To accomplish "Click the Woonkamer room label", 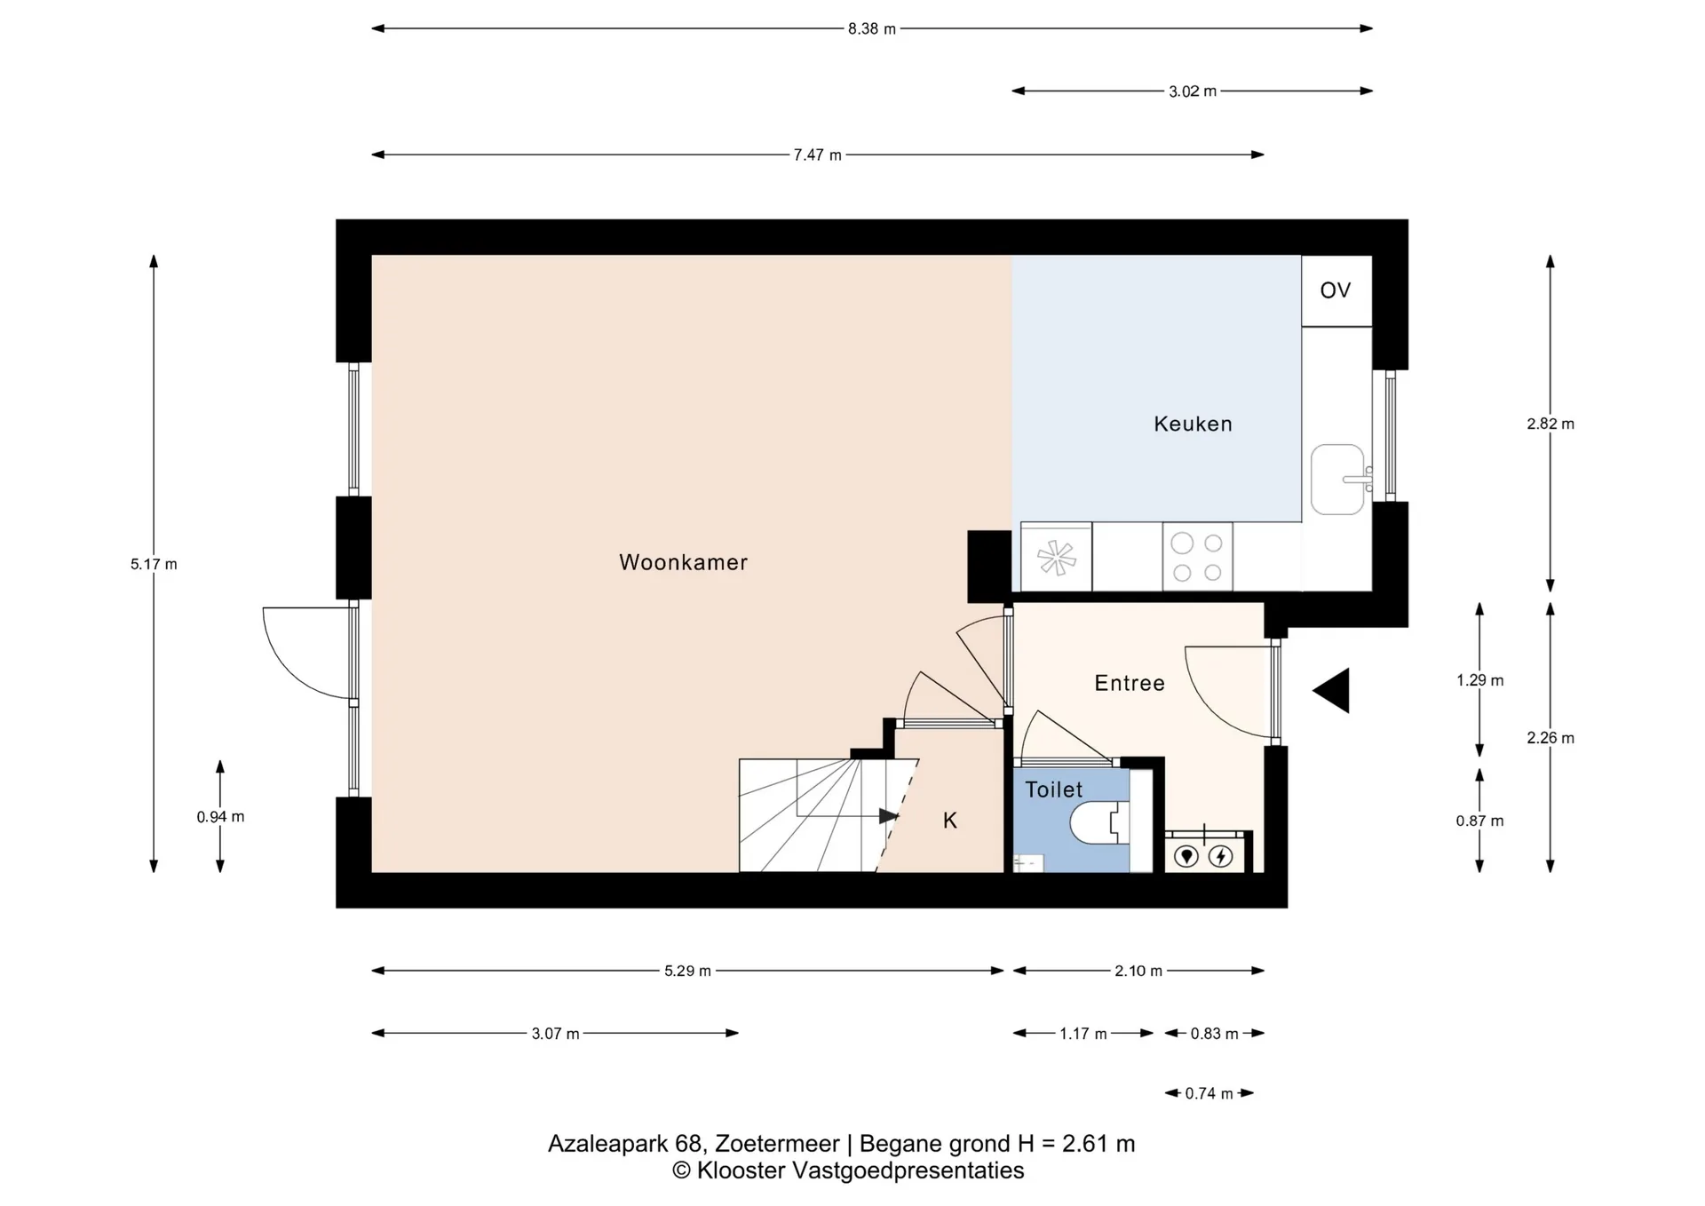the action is (x=683, y=562).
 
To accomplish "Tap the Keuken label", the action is (x=1193, y=424).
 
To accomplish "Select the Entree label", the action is (x=1130, y=683).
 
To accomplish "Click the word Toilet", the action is (x=1054, y=789).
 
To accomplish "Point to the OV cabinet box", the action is (x=1336, y=290).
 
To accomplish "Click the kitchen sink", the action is (x=1338, y=480).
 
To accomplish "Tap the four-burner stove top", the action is (x=1197, y=557).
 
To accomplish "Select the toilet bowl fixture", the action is (x=1100, y=823).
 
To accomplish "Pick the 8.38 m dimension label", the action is (x=872, y=28).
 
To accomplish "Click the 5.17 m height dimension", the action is (x=154, y=564).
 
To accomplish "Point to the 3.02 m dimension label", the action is (x=1193, y=91).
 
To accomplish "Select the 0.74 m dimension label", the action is (x=1209, y=1093).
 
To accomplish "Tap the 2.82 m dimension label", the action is (x=1550, y=424).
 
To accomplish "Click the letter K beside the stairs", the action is (x=950, y=821).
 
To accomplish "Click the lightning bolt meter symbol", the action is (x=1221, y=856).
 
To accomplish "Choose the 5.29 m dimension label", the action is (x=688, y=971).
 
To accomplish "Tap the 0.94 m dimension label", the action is (x=220, y=817).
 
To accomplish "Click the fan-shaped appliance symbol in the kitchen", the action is (x=1057, y=558).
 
